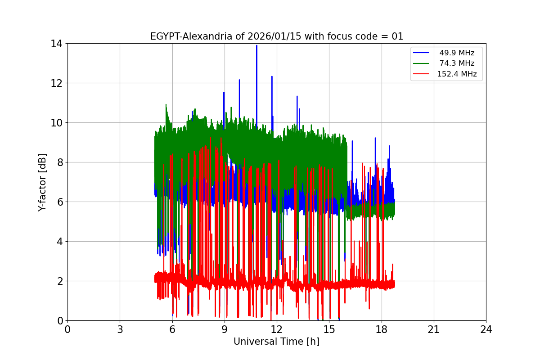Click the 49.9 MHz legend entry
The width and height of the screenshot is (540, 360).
point(457,53)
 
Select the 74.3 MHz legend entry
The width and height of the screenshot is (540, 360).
point(457,63)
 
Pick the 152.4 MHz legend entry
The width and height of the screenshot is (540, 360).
point(457,74)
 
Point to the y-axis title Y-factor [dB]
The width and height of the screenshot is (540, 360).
point(42,182)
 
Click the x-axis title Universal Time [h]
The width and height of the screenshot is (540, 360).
point(276,342)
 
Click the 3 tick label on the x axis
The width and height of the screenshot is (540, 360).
point(120,329)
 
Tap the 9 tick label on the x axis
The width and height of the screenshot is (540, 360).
point(225,329)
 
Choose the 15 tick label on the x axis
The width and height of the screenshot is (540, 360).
point(329,329)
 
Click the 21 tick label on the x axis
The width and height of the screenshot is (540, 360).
point(434,329)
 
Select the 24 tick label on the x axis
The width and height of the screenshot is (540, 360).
point(486,329)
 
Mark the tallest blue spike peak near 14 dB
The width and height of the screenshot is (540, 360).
point(256,45)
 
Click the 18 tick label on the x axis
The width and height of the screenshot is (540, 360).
point(382,329)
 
